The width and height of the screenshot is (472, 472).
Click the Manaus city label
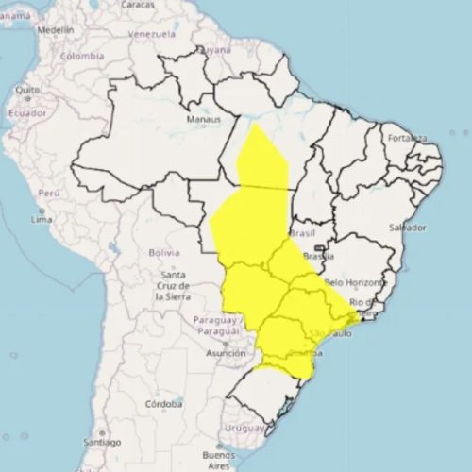pos(203,120)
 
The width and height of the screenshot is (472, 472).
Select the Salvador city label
pos(407,228)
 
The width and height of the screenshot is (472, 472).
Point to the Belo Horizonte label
pos(355,282)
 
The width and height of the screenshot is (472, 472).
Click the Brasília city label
pos(319,256)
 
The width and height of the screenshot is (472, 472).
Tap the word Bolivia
pos(163,253)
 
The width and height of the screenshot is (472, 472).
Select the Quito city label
pos(26,91)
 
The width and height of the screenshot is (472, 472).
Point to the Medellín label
pos(54,29)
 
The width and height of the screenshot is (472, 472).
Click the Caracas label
pos(137,5)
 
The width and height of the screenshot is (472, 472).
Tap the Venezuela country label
pos(152,34)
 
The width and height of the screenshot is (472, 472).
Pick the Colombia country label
pos(81,56)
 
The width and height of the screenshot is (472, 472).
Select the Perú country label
pos(49,192)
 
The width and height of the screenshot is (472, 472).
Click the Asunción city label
pos(226,353)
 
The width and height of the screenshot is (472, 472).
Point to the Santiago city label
pos(101,441)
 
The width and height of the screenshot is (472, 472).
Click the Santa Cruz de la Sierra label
pos(172,285)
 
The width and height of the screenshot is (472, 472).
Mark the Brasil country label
pos(302,232)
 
